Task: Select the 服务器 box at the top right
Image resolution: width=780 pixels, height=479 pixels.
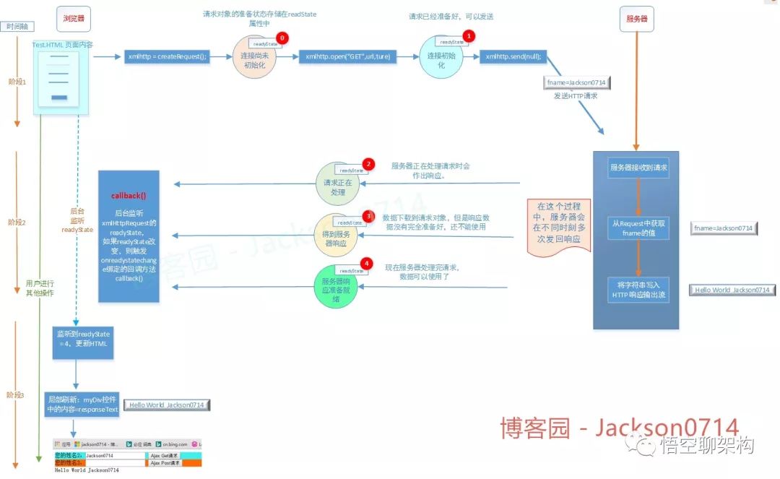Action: coord(636,20)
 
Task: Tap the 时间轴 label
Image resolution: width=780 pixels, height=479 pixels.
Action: coord(18,27)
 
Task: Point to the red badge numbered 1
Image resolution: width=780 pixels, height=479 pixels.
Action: coord(468,35)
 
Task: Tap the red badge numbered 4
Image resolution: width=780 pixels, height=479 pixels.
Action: coord(367,264)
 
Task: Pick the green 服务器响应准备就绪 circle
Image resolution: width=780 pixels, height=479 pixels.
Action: coord(337,288)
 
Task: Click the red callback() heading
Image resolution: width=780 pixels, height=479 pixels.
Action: coord(129,196)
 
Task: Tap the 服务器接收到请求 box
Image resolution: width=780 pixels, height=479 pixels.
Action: coord(638,168)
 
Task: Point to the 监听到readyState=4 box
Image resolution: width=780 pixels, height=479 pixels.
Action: coord(84,340)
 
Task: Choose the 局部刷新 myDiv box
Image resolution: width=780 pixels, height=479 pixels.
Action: coord(82,404)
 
